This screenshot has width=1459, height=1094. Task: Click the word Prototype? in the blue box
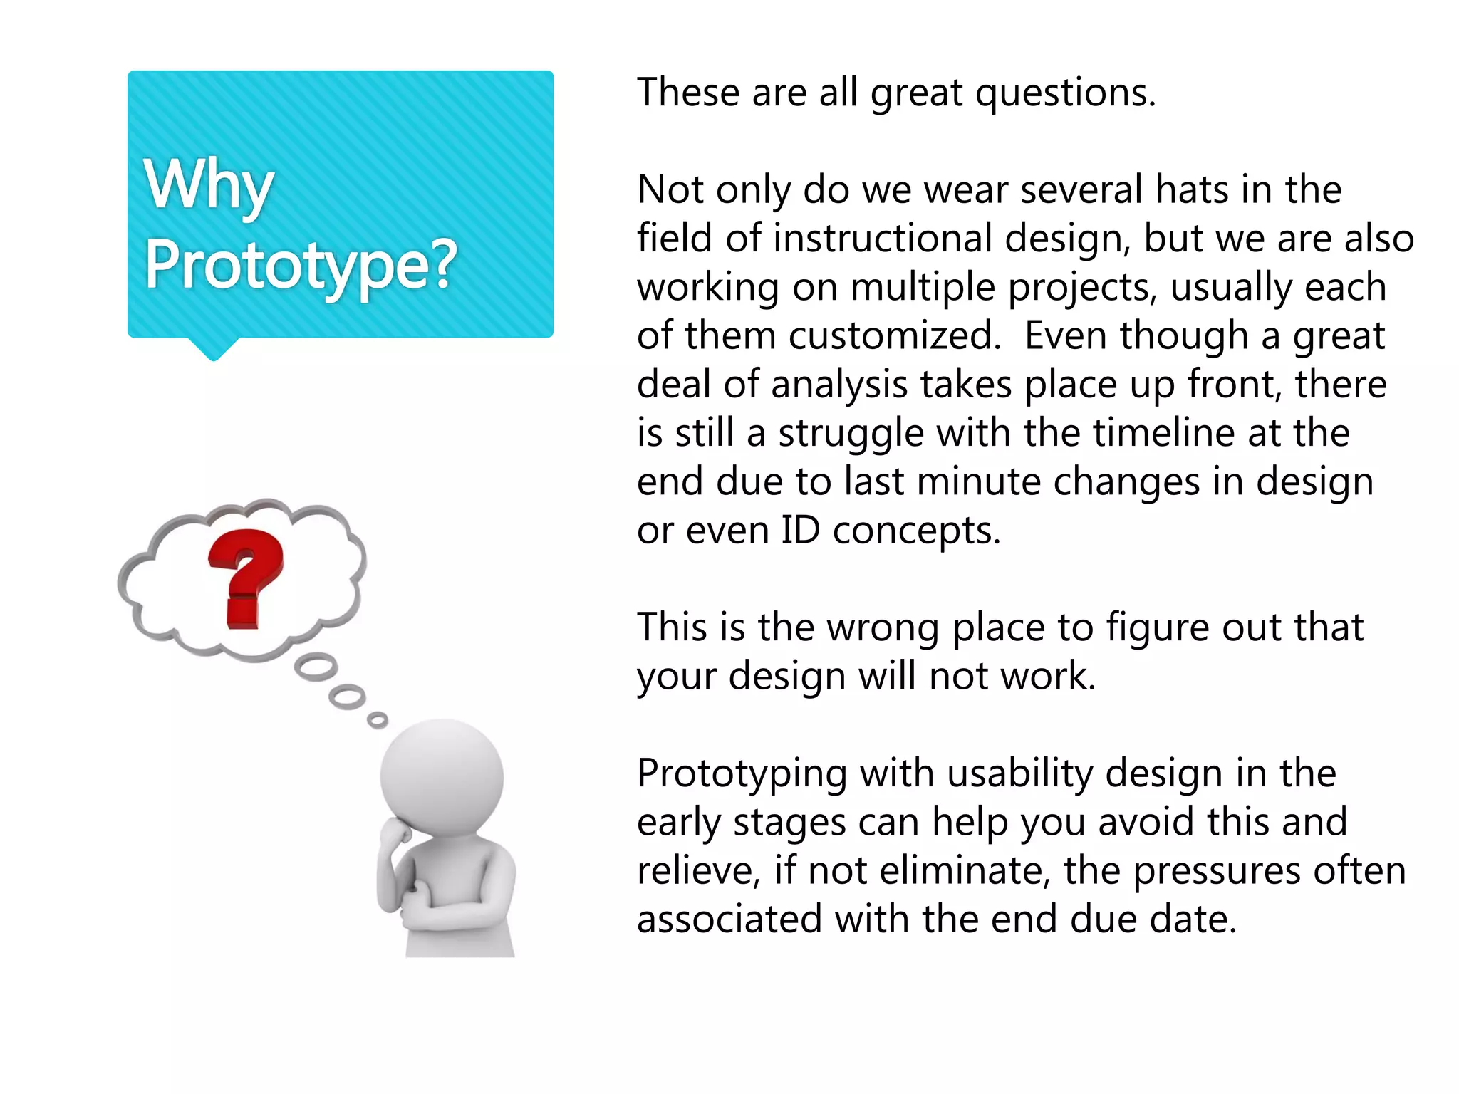click(x=300, y=265)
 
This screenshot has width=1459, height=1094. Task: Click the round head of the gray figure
click(x=442, y=776)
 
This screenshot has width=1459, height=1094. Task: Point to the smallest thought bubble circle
click(x=378, y=720)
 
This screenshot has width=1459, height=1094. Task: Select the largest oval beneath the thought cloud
click(x=316, y=667)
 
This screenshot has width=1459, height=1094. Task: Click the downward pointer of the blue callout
click(x=213, y=349)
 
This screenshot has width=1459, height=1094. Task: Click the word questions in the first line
click(x=1064, y=93)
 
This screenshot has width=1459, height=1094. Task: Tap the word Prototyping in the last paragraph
click(x=742, y=774)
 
